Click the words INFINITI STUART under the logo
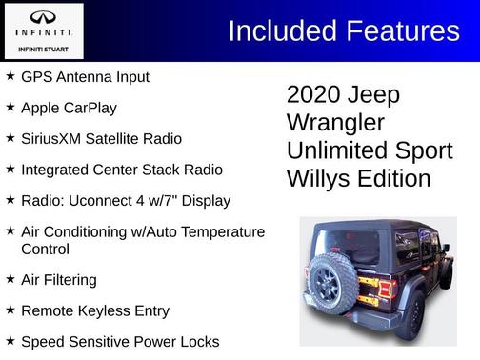tap(44, 50)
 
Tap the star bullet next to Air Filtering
tap(10, 280)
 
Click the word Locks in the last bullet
tap(198, 341)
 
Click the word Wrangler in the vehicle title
tap(335, 123)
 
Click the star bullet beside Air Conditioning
tap(10, 232)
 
